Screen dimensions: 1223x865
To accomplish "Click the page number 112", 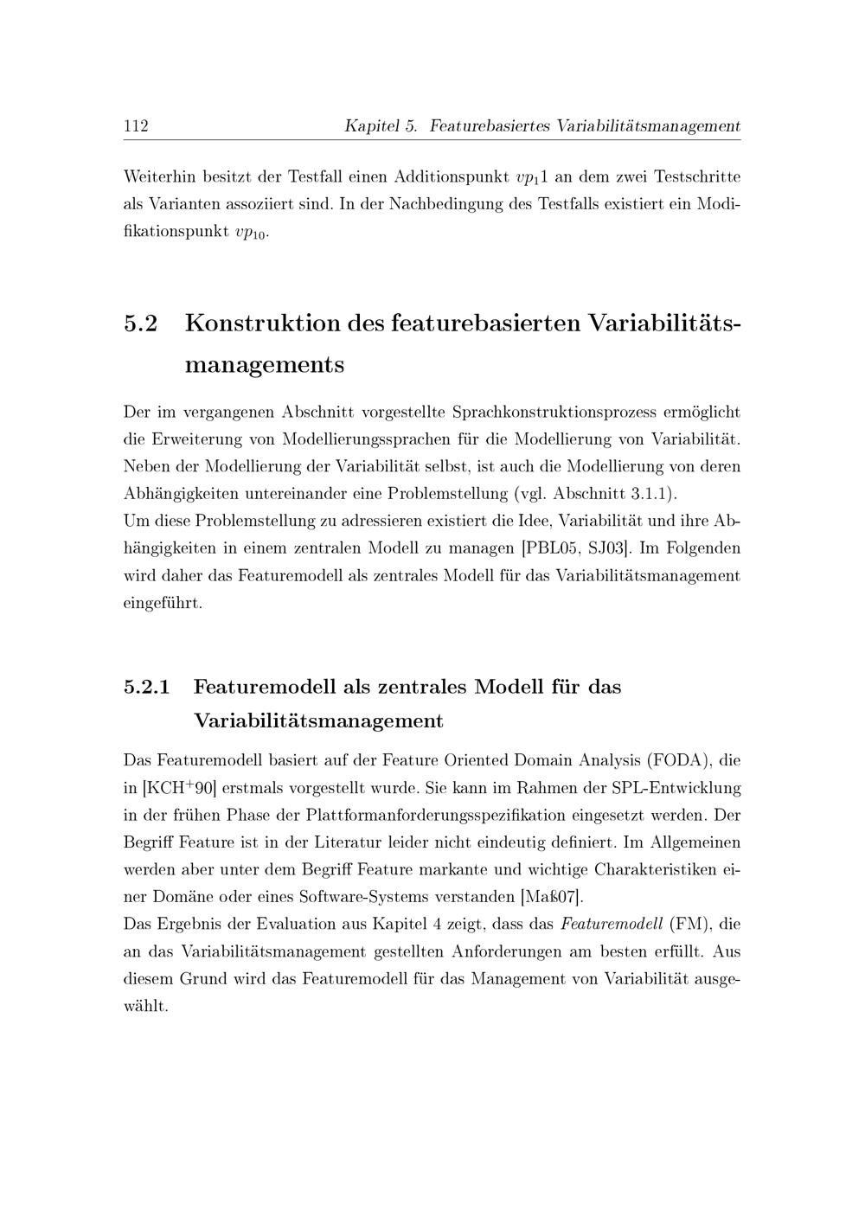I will tap(137, 126).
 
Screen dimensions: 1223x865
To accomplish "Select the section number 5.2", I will tap(142, 324).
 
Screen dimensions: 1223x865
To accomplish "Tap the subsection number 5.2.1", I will tap(147, 688).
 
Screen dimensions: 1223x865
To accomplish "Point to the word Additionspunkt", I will tap(451, 177).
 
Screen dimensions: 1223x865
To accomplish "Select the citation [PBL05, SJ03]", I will tap(576, 548).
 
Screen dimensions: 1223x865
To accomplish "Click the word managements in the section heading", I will tap(265, 365).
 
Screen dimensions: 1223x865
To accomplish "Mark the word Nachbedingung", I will tap(457, 205).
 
